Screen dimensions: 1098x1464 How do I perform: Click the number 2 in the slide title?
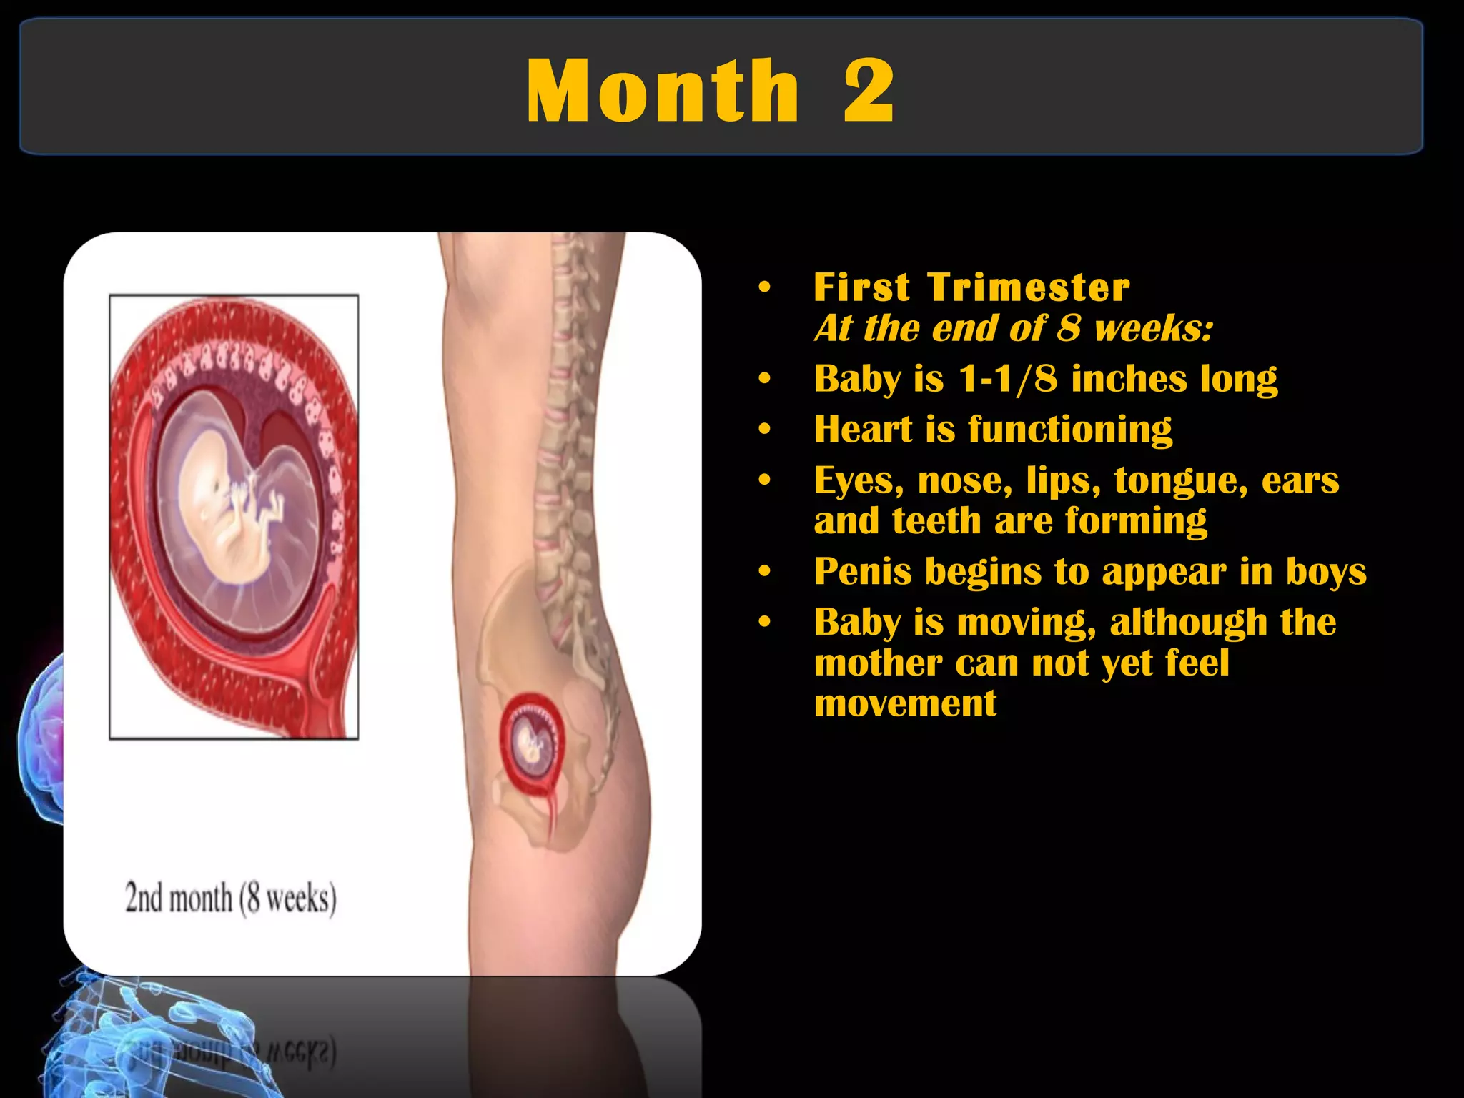pyautogui.click(x=868, y=91)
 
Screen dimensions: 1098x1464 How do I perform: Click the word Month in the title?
pyautogui.click(x=662, y=91)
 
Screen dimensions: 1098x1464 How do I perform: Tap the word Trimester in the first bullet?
pyautogui.click(x=1029, y=287)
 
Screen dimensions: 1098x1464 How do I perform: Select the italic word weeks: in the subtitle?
pyautogui.click(x=1153, y=329)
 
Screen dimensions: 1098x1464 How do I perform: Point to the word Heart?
pyautogui.click(x=863, y=430)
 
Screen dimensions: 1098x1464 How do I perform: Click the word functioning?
pyautogui.click(x=1070, y=430)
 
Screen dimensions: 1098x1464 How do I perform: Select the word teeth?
pyautogui.click(x=936, y=520)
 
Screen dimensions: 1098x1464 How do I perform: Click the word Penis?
pyautogui.click(x=864, y=571)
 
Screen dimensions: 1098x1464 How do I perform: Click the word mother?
pyautogui.click(x=877, y=663)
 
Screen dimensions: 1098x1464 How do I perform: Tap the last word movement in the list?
pyautogui.click(x=905, y=703)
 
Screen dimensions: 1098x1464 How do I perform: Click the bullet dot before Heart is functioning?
pyautogui.click(x=765, y=430)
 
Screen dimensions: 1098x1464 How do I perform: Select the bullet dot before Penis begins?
pyautogui.click(x=765, y=571)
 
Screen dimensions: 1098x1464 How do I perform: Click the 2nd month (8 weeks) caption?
pyautogui.click(x=230, y=899)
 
